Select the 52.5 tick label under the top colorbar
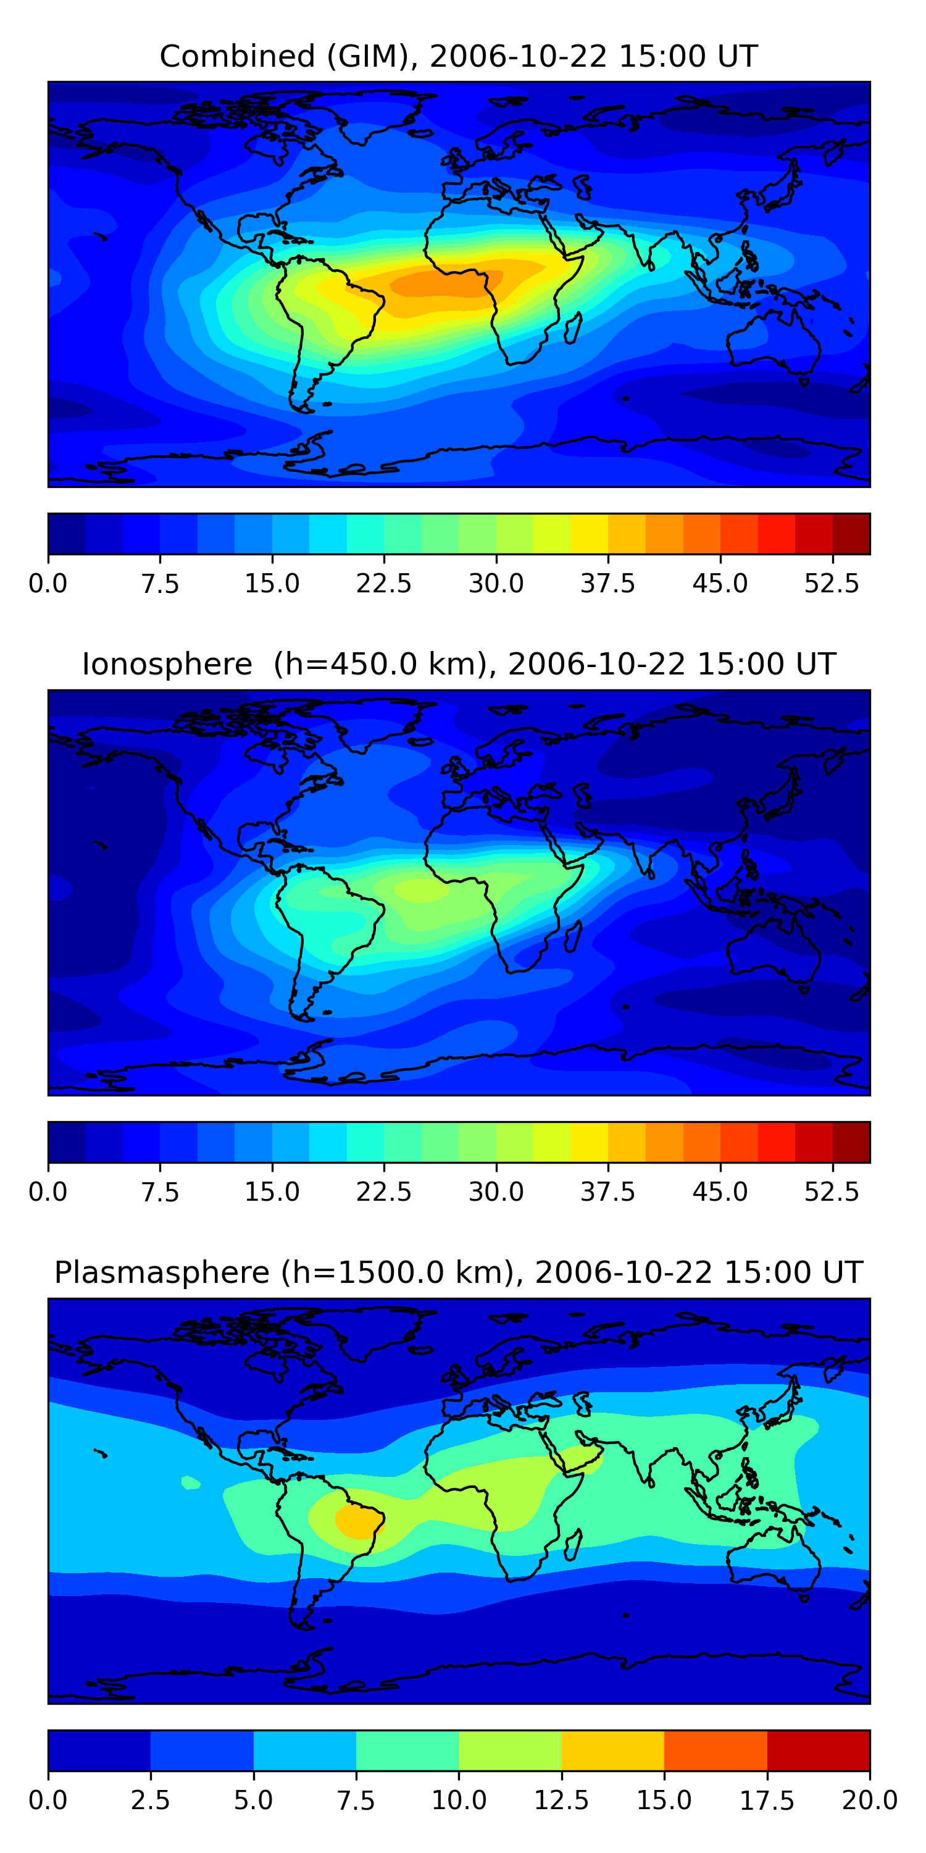click(x=832, y=582)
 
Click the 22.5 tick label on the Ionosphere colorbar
click(x=383, y=1191)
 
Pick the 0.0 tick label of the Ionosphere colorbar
click(x=48, y=1191)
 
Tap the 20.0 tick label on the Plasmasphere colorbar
click(x=869, y=1800)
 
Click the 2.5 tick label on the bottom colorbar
click(x=150, y=1800)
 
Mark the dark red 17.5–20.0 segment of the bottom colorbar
click(x=818, y=1750)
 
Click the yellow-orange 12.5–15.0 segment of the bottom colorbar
click(x=612, y=1750)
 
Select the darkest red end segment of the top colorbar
click(x=851, y=534)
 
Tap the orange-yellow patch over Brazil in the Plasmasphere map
click(x=358, y=1521)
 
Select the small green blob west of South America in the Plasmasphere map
click(x=191, y=1482)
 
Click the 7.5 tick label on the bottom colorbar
click(x=356, y=1800)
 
